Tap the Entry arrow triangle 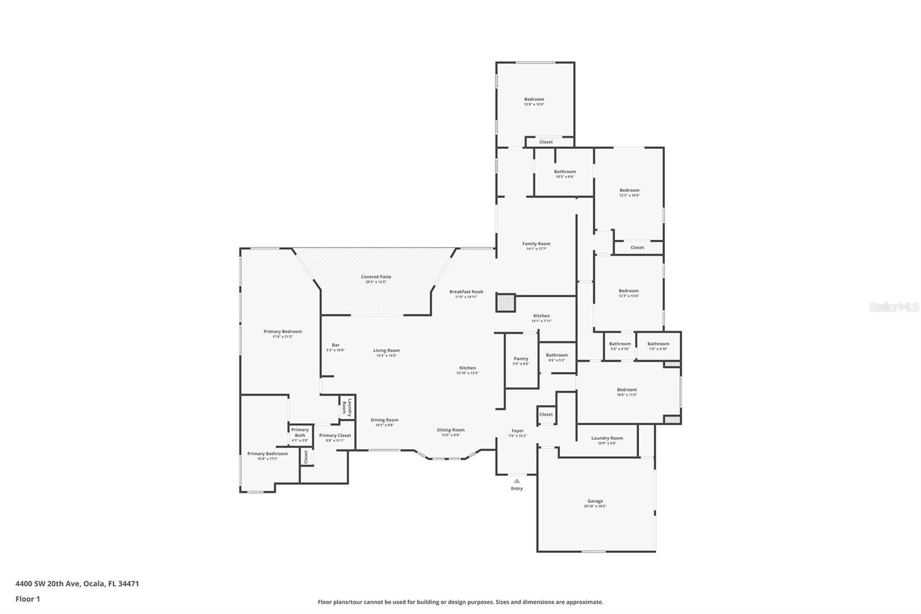tap(517, 480)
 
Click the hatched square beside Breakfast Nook tap(505, 303)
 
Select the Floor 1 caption tap(28, 599)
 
